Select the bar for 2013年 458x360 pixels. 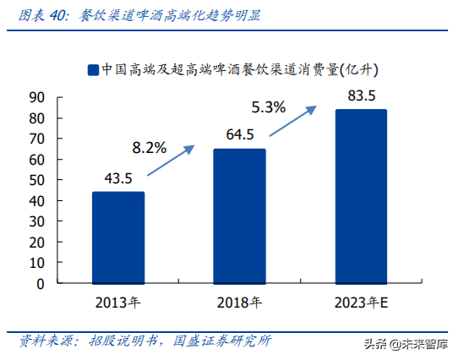pyautogui.click(x=118, y=237)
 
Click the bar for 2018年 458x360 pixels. pyautogui.click(x=239, y=216)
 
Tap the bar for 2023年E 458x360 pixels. pyautogui.click(x=361, y=196)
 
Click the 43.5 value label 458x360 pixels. pyautogui.click(x=118, y=178)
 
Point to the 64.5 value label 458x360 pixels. pyautogui.click(x=240, y=134)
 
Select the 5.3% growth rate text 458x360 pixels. pyautogui.click(x=270, y=107)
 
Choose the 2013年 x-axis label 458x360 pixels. pyautogui.click(x=118, y=302)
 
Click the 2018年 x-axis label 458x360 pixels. pyautogui.click(x=239, y=302)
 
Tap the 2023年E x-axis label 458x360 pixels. pyautogui.click(x=361, y=302)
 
